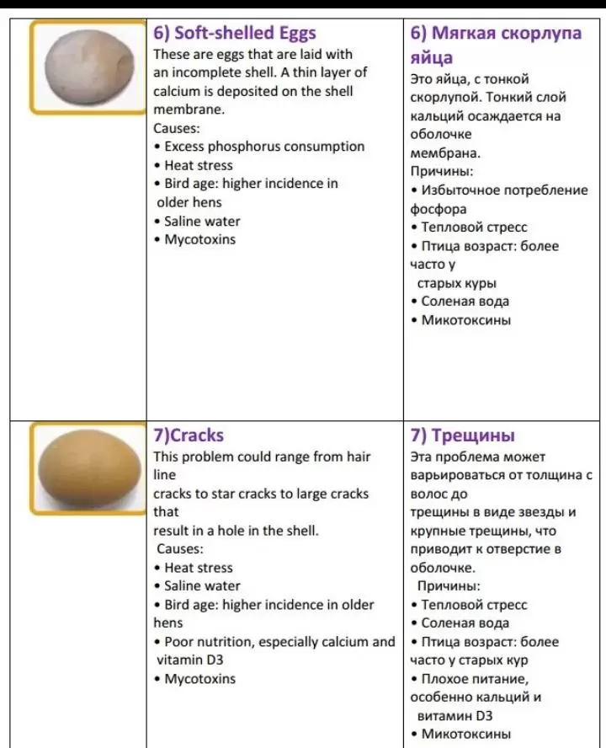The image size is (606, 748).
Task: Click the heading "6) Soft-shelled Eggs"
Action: [x=235, y=33]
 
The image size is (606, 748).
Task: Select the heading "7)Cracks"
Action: [x=189, y=435]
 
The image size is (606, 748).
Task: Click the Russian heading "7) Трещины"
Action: [x=462, y=435]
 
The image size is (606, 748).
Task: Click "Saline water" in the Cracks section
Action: [x=202, y=586]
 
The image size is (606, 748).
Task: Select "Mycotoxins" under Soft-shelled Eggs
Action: [x=199, y=239]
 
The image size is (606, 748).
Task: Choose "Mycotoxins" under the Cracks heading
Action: [x=199, y=679]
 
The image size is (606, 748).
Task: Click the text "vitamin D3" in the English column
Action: [x=190, y=660]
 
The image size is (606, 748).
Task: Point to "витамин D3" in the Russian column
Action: [x=454, y=716]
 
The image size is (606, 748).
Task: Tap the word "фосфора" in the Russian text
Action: [x=438, y=209]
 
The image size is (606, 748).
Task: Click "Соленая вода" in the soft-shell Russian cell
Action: [x=465, y=302]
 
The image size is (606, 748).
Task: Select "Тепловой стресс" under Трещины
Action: [x=474, y=605]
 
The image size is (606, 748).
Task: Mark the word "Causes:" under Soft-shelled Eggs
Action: [x=176, y=128]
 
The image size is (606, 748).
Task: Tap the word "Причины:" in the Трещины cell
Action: [x=449, y=586]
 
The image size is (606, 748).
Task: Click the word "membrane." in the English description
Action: [x=188, y=110]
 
